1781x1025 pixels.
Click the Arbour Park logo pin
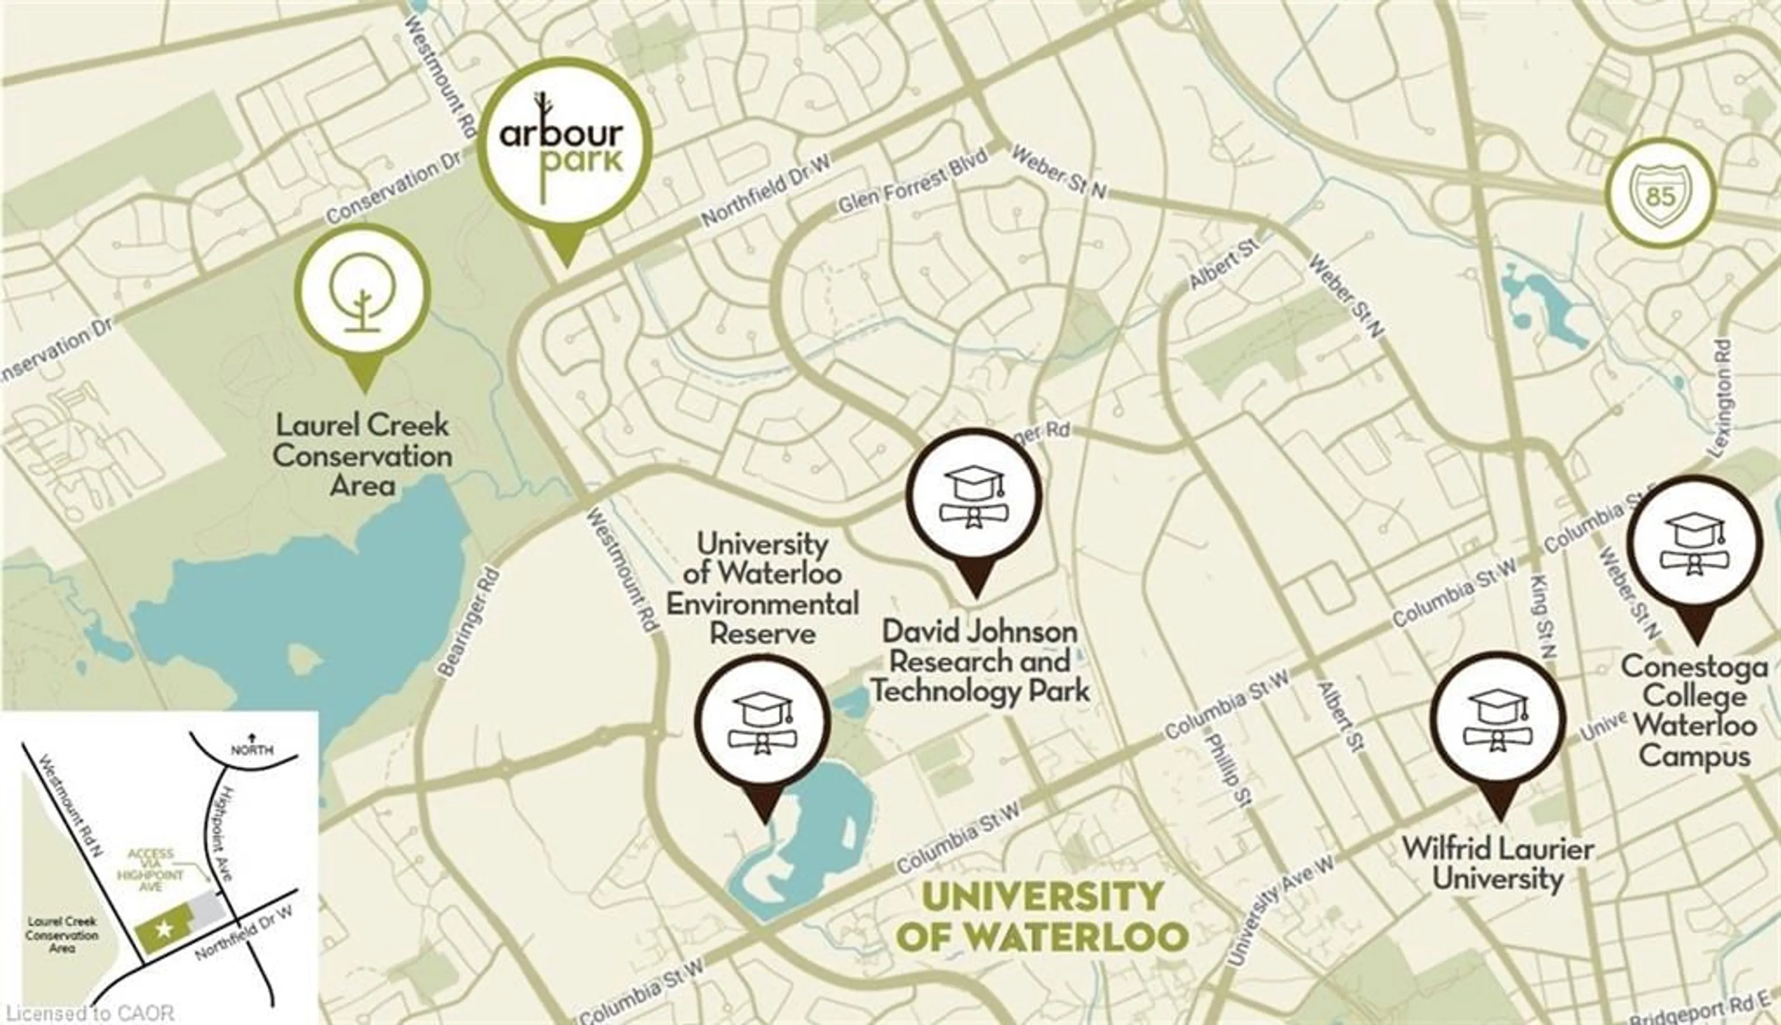coord(564,144)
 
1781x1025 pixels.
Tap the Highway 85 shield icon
coord(1660,193)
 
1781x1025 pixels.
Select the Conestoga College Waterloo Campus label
coord(1694,712)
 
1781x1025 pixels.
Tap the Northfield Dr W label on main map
coord(766,191)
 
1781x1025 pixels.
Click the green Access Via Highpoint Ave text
coord(151,870)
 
